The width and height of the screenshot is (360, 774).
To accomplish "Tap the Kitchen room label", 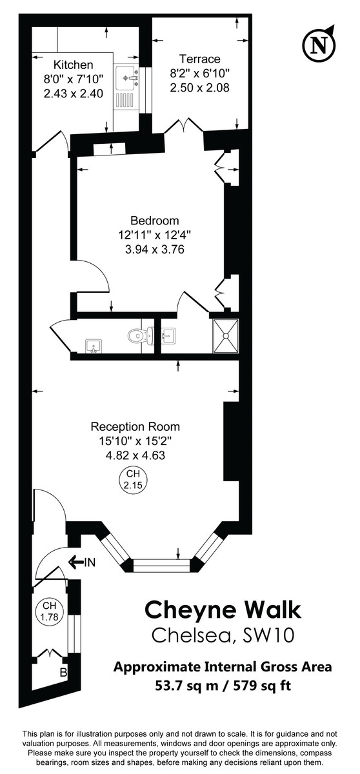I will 74,65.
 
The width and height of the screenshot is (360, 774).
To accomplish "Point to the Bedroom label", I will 154,221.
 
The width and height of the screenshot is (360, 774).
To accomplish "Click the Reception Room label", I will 135,426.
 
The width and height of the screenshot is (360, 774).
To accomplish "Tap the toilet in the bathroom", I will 137,335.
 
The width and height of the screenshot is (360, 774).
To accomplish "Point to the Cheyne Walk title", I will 223,610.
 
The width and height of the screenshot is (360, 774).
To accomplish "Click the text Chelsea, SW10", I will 223,635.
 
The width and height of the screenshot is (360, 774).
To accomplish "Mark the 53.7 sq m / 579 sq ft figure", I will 223,684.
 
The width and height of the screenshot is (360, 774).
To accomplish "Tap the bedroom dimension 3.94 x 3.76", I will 154,249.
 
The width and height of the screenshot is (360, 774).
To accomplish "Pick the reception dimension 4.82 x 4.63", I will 135,455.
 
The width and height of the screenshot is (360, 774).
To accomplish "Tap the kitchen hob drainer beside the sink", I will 125,100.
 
